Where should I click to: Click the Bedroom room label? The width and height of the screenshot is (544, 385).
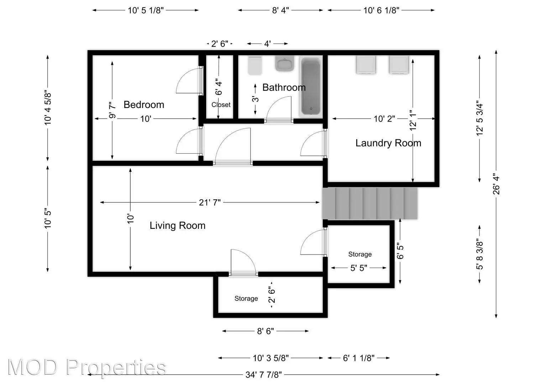point(144,105)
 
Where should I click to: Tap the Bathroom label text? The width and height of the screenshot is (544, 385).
point(284,88)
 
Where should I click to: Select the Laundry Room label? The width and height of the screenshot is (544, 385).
point(388,143)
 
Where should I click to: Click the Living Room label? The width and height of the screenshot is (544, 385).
point(177,226)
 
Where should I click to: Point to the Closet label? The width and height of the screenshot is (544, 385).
point(221,105)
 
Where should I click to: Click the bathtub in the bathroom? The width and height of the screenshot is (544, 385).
point(311,86)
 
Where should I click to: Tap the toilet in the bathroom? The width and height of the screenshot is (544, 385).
point(255,66)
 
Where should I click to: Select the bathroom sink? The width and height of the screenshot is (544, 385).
point(284,64)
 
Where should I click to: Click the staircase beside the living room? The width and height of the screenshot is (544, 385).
point(370,204)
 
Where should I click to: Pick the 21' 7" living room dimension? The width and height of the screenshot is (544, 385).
point(210,202)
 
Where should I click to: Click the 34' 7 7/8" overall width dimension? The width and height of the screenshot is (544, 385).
point(263,375)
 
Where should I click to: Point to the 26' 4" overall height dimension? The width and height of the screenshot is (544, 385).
point(496,184)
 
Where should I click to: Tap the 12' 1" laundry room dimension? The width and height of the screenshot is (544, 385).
point(413,120)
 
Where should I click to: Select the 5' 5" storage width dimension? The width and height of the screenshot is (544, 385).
point(359,268)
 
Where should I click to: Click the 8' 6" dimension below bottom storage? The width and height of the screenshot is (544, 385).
point(266,331)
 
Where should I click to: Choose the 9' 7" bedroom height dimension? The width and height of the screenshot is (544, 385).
point(113,111)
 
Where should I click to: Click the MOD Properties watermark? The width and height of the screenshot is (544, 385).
point(87,367)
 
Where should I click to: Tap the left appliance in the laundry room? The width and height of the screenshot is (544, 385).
point(366,65)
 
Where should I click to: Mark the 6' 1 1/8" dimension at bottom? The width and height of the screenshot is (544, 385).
point(359,358)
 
